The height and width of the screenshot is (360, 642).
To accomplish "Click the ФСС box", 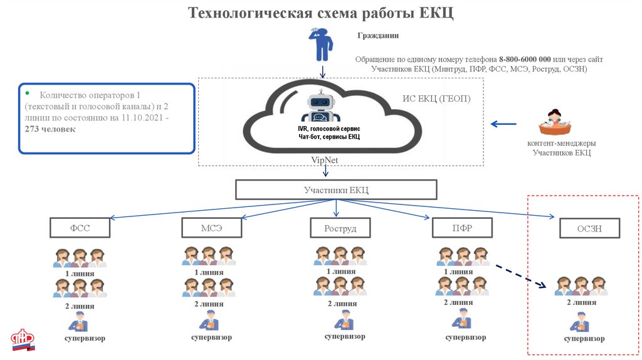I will pos(80,228).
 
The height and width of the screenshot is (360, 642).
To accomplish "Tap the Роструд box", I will pos(340,228).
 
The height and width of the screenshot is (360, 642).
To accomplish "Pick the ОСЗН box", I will pos(589,228).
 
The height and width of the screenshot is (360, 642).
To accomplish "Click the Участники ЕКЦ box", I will pos(335,190).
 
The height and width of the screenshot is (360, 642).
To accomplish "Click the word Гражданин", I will pos(378,36).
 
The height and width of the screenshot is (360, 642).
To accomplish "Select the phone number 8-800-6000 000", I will pos(525,58).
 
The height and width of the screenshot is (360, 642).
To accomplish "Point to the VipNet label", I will pos(325,160).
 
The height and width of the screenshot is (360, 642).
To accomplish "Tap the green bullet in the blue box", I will pos(28,92).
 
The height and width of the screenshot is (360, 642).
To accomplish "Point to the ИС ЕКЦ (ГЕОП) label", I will pos(436,98).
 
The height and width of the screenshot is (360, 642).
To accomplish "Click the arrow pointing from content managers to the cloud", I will pos(503,124).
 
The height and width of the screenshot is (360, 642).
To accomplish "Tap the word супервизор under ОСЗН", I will pos(584,339).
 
